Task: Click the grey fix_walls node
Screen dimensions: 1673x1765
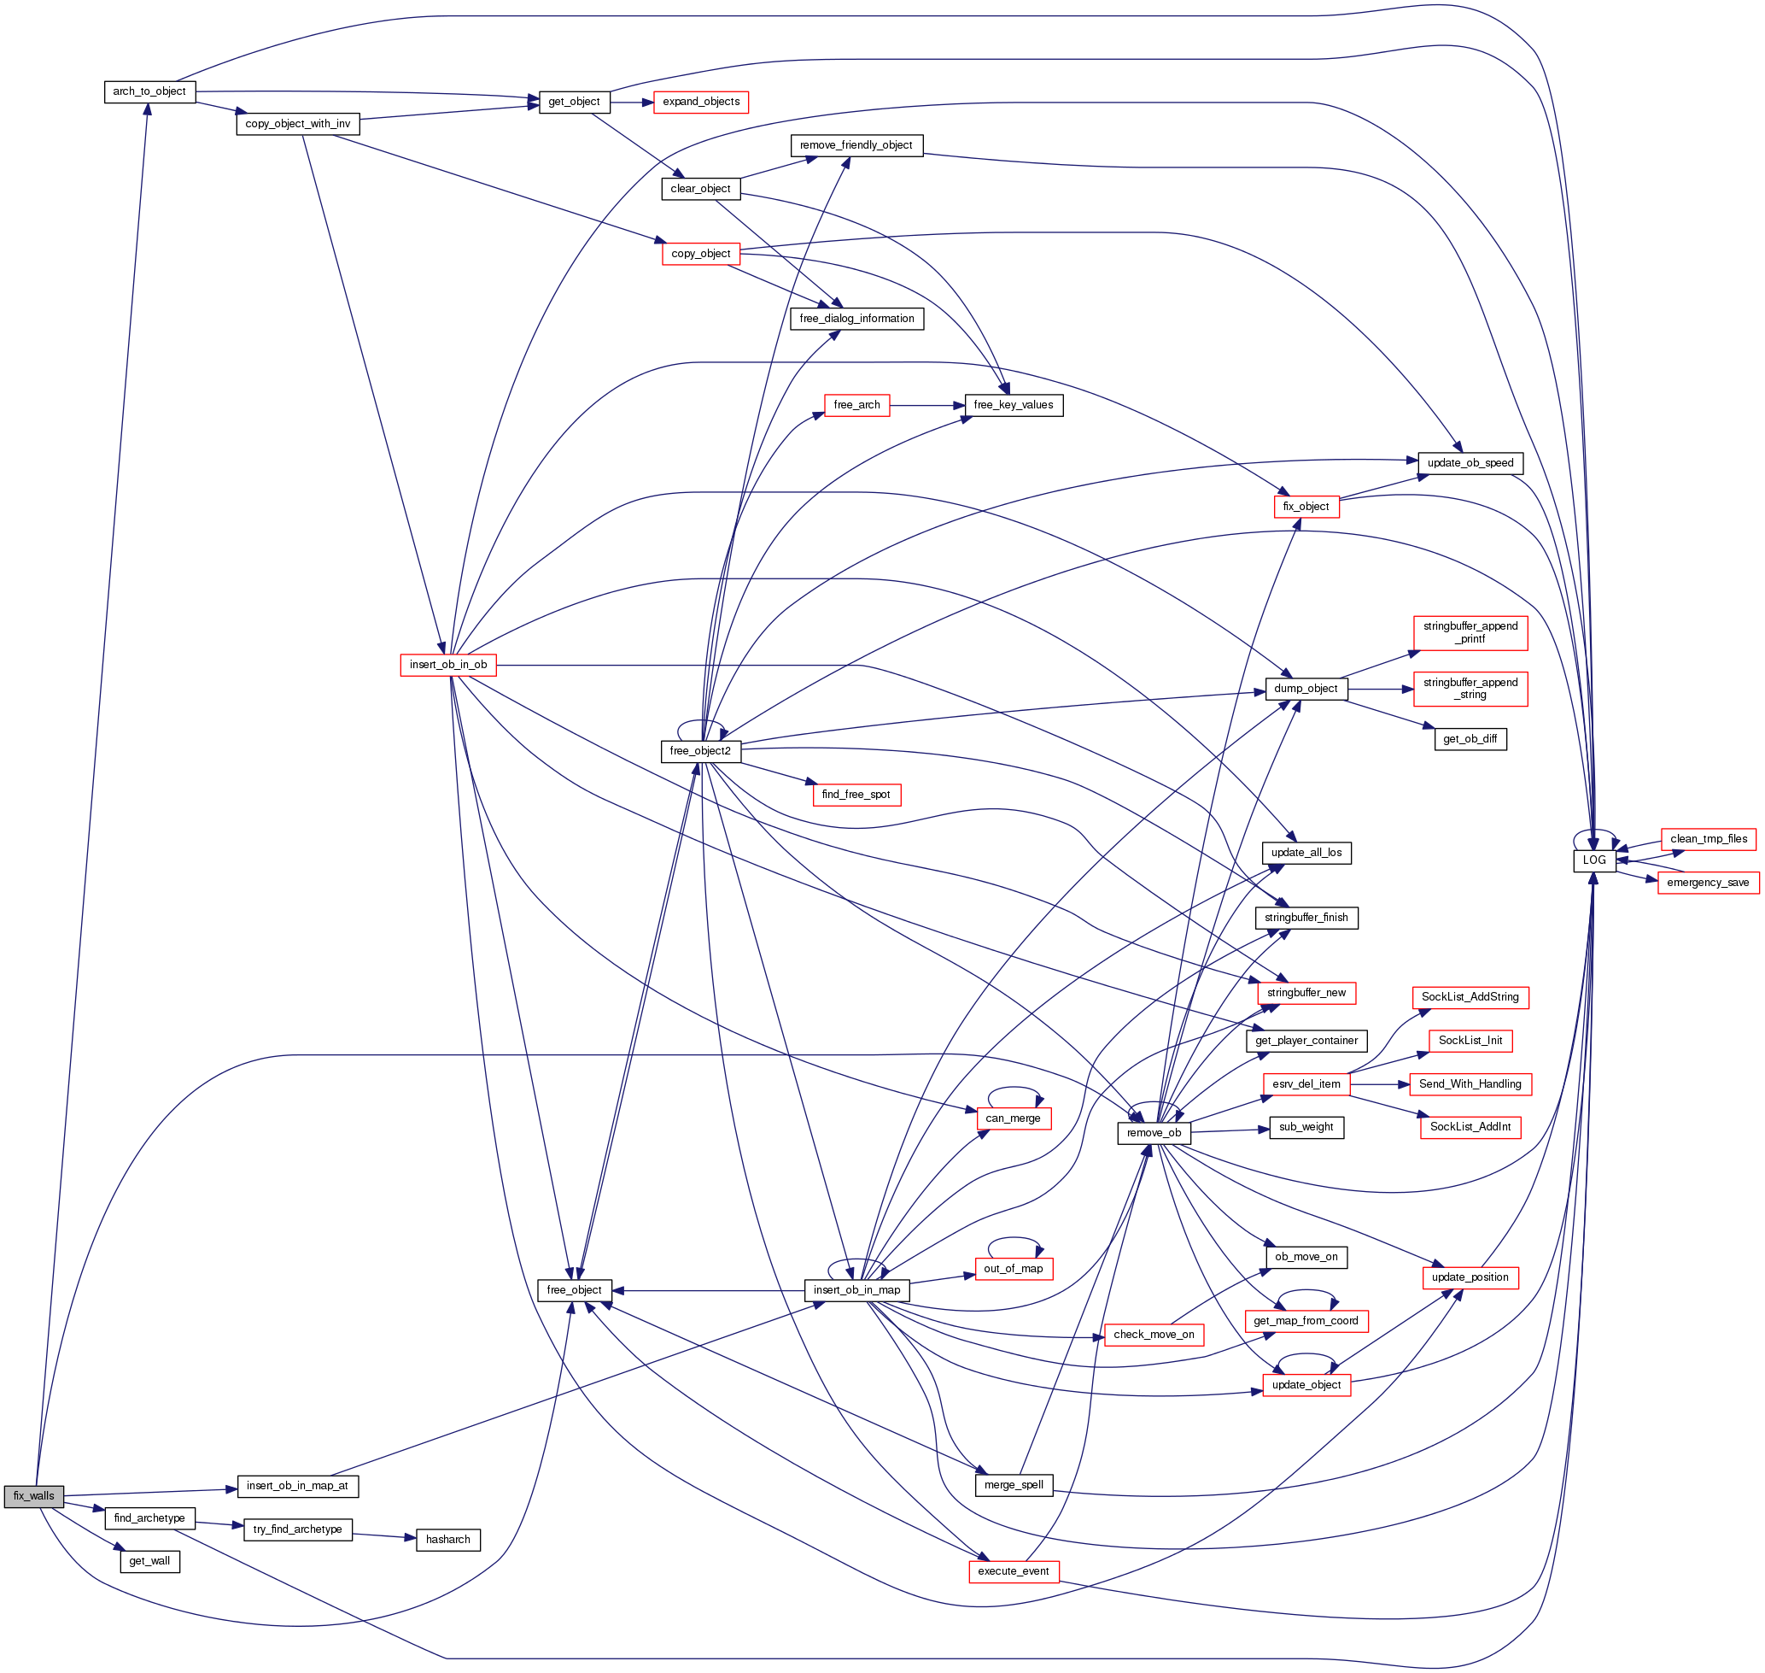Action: (34, 1496)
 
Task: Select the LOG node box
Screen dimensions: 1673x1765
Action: (1594, 860)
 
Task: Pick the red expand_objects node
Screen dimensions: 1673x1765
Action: (701, 103)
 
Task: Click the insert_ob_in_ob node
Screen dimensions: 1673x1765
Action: (448, 666)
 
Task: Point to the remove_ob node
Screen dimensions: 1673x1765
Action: (1154, 1134)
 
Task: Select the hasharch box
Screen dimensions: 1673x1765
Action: (447, 1540)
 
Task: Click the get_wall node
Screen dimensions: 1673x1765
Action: (149, 1562)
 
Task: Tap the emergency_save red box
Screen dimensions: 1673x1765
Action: (1707, 883)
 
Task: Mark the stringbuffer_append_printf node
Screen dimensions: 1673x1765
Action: (1470, 633)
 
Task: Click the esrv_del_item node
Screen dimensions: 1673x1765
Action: (1306, 1084)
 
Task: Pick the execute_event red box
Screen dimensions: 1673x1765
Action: (1014, 1571)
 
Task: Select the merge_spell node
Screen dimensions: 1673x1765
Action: (1014, 1486)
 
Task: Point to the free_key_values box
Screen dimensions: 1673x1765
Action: (1014, 406)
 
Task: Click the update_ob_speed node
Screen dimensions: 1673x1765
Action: (1470, 464)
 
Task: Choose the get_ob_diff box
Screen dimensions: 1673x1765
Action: (1470, 739)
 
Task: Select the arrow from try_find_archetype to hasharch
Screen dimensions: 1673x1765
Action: (384, 1535)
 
